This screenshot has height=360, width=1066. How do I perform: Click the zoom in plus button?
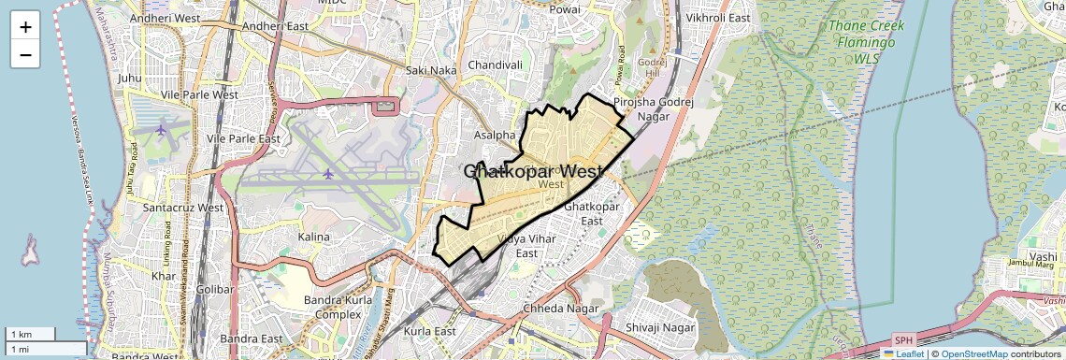coord(25,26)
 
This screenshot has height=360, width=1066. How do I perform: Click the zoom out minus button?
coord(25,54)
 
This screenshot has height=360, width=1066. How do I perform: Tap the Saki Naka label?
coord(431,70)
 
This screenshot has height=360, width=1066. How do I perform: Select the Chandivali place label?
coord(495,65)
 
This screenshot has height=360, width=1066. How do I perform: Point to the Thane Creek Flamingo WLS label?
coord(861,42)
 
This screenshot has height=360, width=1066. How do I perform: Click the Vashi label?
coord(1043,256)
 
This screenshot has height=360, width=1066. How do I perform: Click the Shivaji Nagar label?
coord(660,327)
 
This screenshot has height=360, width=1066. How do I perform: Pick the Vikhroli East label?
coord(718,18)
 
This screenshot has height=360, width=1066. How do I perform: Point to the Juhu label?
coord(130,79)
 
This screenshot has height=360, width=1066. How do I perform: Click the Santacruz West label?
coord(182,208)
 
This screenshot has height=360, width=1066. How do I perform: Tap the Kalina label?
coord(314,237)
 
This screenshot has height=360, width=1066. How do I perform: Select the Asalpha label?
coord(495,136)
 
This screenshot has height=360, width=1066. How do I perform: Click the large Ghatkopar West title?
coord(533,172)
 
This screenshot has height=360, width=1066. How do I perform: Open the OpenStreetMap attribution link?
coord(974,353)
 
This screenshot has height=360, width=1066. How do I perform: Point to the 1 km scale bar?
coord(30,334)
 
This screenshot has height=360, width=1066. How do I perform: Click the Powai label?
coord(565,9)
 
